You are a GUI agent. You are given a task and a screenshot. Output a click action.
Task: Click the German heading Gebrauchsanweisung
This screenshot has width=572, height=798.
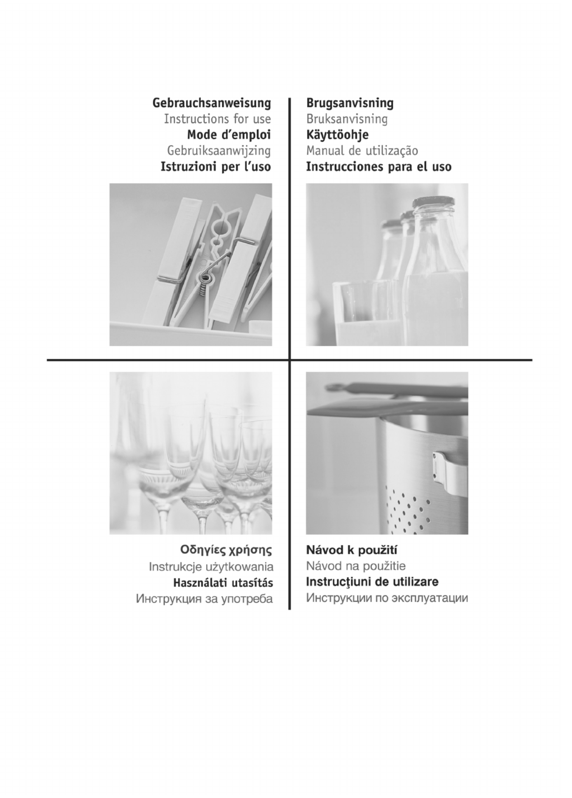click(211, 103)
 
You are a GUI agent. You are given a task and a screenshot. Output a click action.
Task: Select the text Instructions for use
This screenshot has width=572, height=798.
click(217, 119)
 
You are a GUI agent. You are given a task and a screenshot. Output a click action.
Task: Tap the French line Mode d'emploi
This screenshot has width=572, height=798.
click(229, 135)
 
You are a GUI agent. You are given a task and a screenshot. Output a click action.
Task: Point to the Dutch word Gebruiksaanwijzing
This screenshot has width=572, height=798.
click(219, 151)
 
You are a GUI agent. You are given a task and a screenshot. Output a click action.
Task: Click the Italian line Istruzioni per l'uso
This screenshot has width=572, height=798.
click(216, 166)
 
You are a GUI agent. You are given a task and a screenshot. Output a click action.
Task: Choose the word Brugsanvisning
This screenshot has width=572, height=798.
click(350, 103)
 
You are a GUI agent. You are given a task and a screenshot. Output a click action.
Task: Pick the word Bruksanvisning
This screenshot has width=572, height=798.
click(347, 119)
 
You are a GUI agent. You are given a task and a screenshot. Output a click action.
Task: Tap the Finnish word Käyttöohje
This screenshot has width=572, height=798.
click(337, 135)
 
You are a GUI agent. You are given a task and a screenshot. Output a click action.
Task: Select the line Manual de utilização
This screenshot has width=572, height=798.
click(362, 151)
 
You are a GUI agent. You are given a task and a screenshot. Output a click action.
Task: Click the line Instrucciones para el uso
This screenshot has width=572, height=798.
click(379, 166)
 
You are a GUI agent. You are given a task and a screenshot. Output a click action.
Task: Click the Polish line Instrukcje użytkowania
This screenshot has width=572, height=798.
click(211, 567)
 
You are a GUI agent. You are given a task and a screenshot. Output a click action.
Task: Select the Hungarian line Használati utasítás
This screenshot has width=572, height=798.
click(223, 583)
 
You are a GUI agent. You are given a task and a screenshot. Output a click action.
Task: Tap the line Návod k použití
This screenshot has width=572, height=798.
click(352, 550)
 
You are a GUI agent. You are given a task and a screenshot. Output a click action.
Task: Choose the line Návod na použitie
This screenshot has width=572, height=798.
click(356, 566)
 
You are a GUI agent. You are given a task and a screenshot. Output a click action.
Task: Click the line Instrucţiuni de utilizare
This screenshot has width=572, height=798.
click(372, 581)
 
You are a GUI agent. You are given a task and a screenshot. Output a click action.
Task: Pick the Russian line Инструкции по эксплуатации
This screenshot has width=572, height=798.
click(387, 598)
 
